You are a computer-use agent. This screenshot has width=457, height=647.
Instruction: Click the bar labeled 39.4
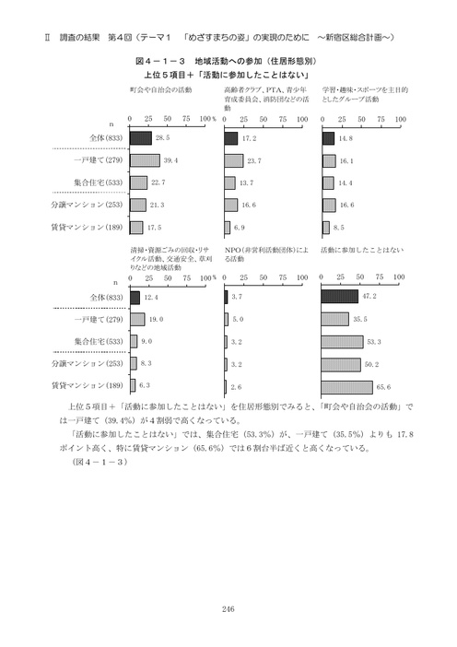[x=145, y=159]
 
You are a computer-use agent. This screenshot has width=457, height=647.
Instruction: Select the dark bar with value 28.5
[x=140, y=137]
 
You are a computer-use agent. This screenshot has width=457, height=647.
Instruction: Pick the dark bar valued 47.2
[x=339, y=297]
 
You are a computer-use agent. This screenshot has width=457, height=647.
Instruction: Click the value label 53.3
[x=374, y=340]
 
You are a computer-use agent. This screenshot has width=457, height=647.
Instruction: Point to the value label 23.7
[x=254, y=160]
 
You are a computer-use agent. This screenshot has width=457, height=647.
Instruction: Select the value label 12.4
[x=151, y=298]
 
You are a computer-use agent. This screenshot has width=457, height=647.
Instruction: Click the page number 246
[x=228, y=607]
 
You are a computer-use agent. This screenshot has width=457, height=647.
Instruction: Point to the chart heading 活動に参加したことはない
[x=362, y=250]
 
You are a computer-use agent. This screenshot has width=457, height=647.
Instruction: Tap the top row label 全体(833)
[x=101, y=138]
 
